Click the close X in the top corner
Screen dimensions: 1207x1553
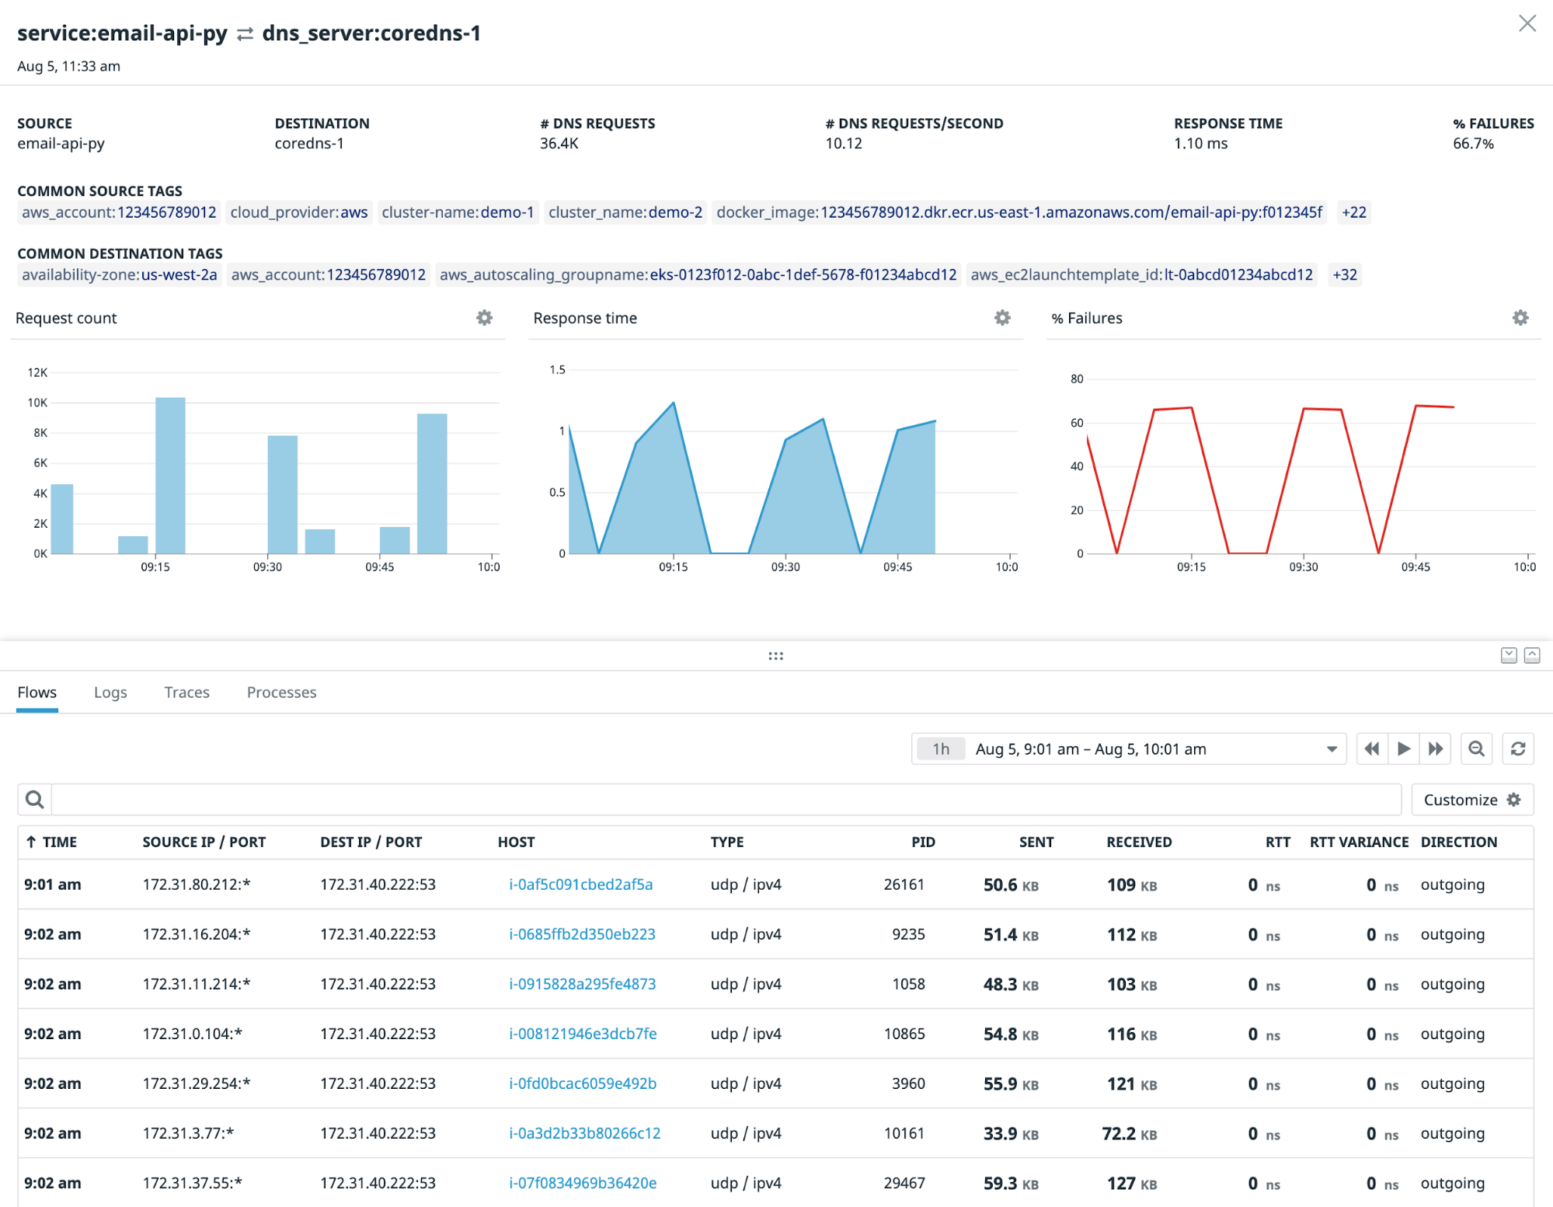[x=1527, y=24]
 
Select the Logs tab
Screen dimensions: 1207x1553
[x=110, y=692]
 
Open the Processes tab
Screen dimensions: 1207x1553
[x=281, y=692]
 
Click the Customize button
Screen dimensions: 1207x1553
[x=1471, y=800]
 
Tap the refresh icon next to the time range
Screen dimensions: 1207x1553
[x=1518, y=749]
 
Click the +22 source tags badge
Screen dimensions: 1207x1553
[x=1353, y=212]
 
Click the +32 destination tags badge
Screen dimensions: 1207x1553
[x=1344, y=274]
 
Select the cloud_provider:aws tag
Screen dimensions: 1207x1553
[x=298, y=212]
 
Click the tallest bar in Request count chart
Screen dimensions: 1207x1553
[x=170, y=475]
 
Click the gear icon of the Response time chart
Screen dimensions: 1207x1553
[x=1002, y=318]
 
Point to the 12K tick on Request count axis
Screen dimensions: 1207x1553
[x=37, y=372]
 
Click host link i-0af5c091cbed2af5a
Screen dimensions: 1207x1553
[x=580, y=884]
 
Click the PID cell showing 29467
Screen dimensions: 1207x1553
[x=904, y=1183]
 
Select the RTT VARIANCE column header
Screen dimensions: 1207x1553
[x=1358, y=842]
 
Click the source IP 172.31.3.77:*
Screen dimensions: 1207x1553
[x=188, y=1133]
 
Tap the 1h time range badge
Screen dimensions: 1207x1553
[x=941, y=749]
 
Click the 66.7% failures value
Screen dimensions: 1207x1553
[x=1473, y=144]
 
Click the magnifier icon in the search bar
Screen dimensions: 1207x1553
[x=35, y=800]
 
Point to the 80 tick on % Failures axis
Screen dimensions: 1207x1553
[x=1076, y=379]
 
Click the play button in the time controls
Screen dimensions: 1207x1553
[x=1403, y=749]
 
